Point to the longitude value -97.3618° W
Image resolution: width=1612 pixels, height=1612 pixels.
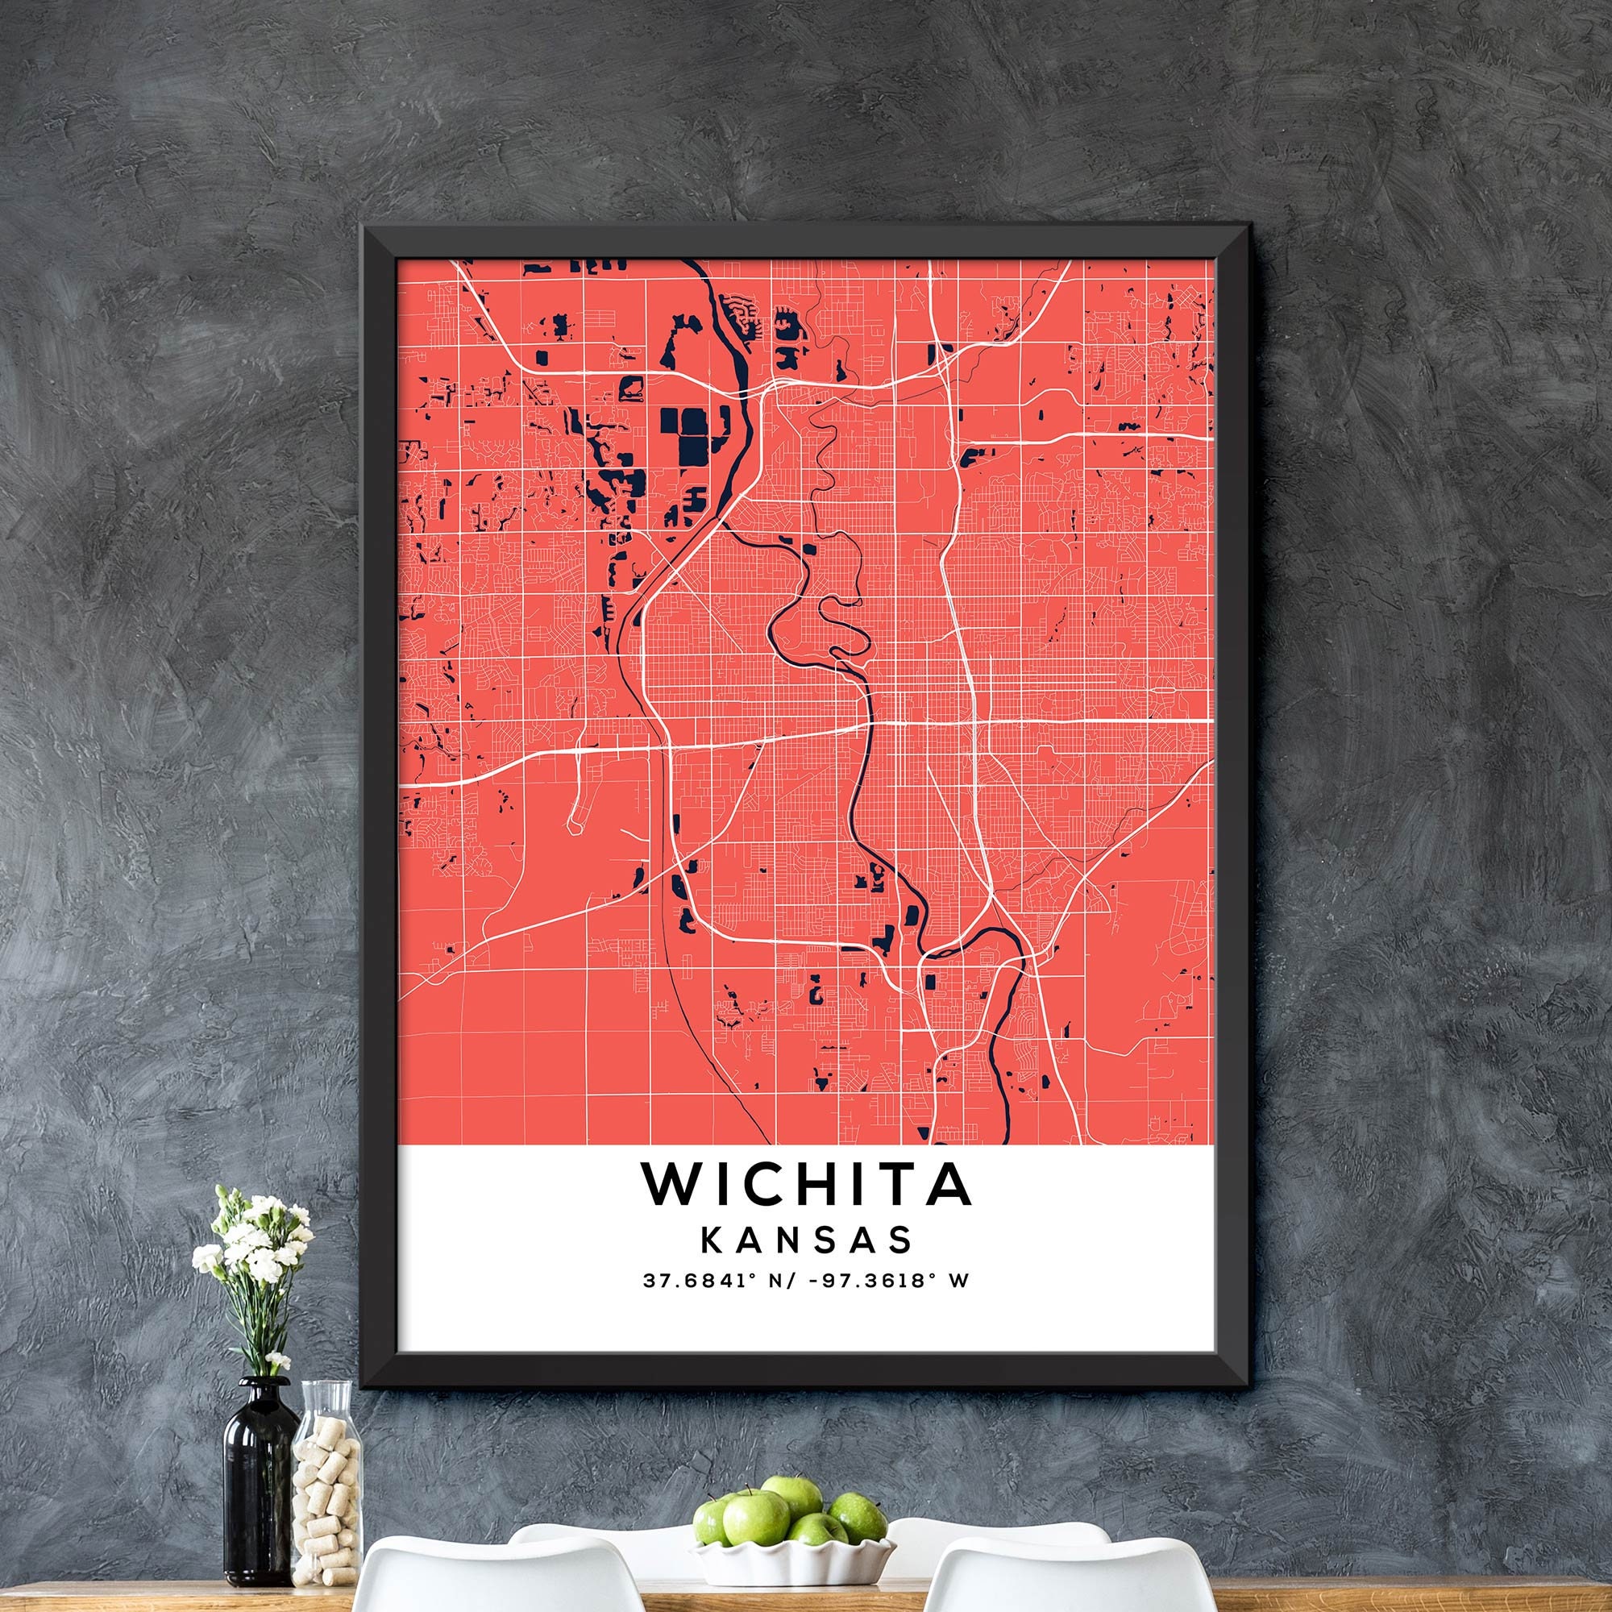(x=888, y=1303)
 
